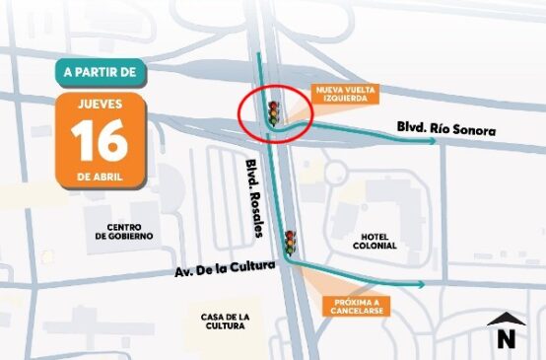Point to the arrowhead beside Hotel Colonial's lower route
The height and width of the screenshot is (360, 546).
(421, 284)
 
